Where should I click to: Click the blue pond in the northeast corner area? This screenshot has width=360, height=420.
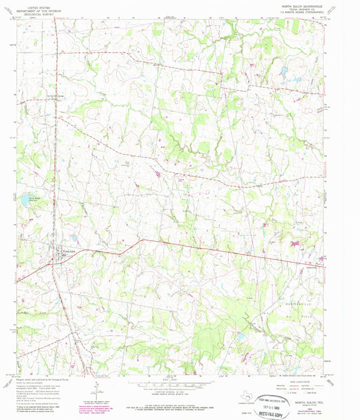click(284, 70)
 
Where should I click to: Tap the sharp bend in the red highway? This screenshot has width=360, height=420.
click(142, 240)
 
